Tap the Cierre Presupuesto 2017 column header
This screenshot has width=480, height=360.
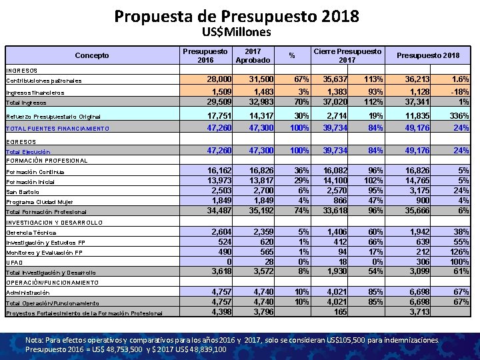[x=347, y=55]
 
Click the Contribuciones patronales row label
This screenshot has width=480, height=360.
[x=43, y=81]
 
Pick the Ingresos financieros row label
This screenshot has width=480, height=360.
[x=35, y=93]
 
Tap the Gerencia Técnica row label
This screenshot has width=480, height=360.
[x=29, y=233]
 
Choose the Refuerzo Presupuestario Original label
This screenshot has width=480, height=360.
[x=52, y=116]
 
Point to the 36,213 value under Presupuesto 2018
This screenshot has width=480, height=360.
[x=416, y=80]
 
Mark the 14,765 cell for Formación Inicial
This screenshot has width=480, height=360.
[x=416, y=181]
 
